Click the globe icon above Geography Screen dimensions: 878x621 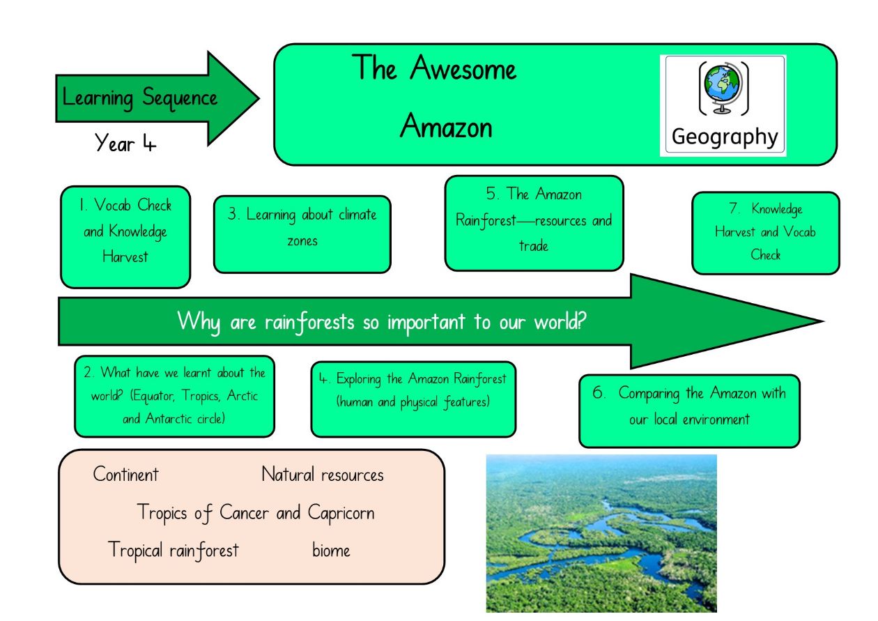tap(723, 88)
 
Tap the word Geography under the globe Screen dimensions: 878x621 tap(725, 137)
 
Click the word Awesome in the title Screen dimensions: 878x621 tap(463, 68)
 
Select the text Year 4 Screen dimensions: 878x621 tap(125, 143)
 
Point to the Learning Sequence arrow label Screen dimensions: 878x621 tap(139, 98)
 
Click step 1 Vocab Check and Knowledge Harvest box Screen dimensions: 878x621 tap(125, 237)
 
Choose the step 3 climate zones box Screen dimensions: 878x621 tap(302, 234)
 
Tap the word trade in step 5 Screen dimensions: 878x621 tap(534, 246)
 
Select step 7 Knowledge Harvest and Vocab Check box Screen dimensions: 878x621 tap(766, 233)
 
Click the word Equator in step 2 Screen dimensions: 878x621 tap(153, 397)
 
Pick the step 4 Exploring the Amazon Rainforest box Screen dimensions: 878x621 tap(413, 399)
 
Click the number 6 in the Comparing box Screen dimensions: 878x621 tap(598, 392)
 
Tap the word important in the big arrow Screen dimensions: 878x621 tap(426, 322)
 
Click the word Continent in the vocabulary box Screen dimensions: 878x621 tap(126, 474)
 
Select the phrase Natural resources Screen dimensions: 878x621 tap(322, 474)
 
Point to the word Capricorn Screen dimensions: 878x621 tap(341, 513)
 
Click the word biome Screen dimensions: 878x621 tap(331, 550)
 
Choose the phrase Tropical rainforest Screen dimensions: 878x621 tap(174, 550)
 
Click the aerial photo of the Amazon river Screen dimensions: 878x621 tap(601, 533)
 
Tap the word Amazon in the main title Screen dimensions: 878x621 tap(446, 126)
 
